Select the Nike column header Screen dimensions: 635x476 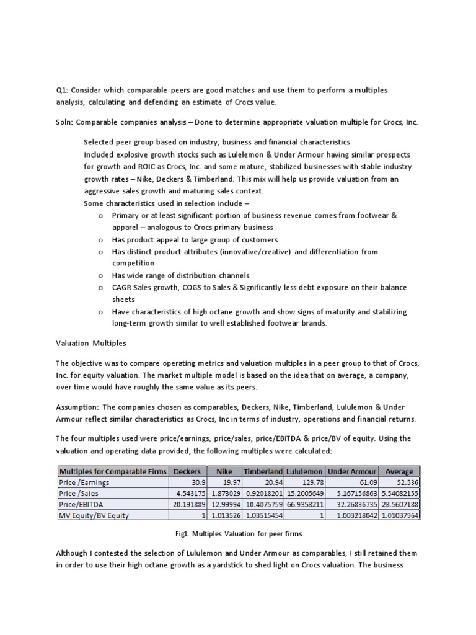(225, 471)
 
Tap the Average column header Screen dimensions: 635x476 (399, 471)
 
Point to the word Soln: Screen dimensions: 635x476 (65, 122)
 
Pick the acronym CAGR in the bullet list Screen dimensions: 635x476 (122, 288)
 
